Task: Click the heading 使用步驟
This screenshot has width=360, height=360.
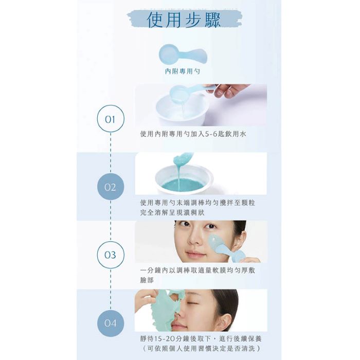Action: (184, 20)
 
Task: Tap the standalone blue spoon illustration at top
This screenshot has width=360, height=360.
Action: (183, 55)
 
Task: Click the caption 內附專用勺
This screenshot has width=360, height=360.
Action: (183, 71)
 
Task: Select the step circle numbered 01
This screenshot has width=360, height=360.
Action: (111, 119)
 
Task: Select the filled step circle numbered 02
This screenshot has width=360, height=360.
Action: (111, 187)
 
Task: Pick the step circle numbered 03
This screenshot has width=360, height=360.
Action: (111, 255)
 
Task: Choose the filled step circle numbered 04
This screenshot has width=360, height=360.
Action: (111, 323)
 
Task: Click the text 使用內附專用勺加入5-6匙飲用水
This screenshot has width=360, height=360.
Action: (193, 134)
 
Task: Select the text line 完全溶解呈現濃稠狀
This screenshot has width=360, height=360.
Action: (172, 212)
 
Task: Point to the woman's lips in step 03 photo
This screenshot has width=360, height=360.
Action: (195, 255)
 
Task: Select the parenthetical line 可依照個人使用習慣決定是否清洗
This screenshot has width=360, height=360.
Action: (201, 348)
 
